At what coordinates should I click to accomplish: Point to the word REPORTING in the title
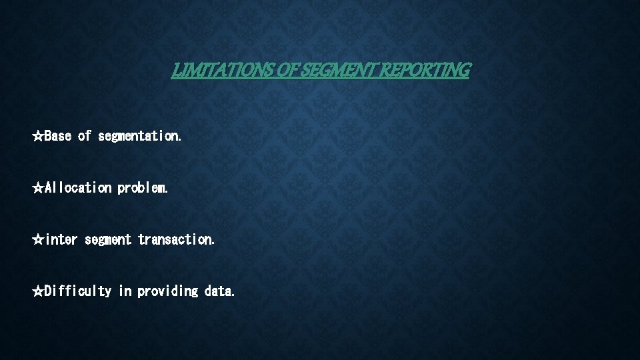pyautogui.click(x=424, y=69)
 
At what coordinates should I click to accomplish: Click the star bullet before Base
pyautogui.click(x=38, y=136)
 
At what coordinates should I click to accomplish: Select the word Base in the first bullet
pyautogui.click(x=58, y=136)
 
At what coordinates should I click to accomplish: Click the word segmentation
pyautogui.click(x=139, y=136)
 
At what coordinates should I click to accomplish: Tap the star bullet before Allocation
pyautogui.click(x=38, y=188)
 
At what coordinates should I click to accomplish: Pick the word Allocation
pyautogui.click(x=78, y=188)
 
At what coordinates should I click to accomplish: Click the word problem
pyautogui.click(x=143, y=188)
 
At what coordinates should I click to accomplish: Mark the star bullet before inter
pyautogui.click(x=38, y=239)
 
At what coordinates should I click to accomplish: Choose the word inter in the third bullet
pyautogui.click(x=61, y=239)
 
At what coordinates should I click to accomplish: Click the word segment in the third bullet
pyautogui.click(x=108, y=239)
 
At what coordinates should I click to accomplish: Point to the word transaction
pyautogui.click(x=176, y=239)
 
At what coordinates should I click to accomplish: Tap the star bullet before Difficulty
pyautogui.click(x=38, y=291)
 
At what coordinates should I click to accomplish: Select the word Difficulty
pyautogui.click(x=78, y=291)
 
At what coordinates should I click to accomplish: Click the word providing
pyautogui.click(x=168, y=291)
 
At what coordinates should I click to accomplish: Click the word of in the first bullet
pyautogui.click(x=85, y=136)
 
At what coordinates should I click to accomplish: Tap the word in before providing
pyautogui.click(x=125, y=291)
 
